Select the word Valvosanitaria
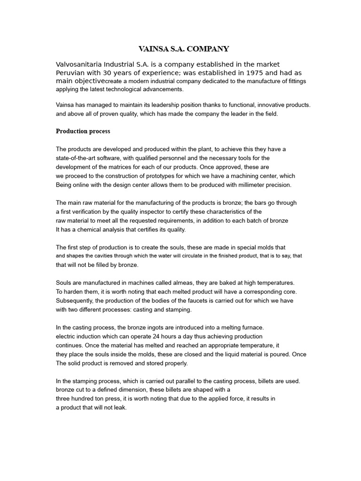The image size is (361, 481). click(x=82, y=64)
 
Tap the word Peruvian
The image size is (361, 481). click(x=71, y=73)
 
